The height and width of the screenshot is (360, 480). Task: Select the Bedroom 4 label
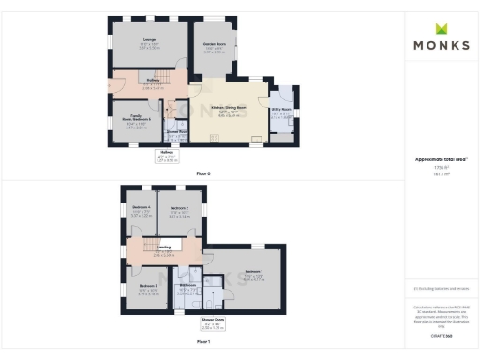pyautogui.click(x=141, y=207)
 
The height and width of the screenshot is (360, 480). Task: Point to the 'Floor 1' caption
pyautogui.click(x=203, y=342)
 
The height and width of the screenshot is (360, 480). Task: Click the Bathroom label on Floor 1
pyautogui.click(x=187, y=284)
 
